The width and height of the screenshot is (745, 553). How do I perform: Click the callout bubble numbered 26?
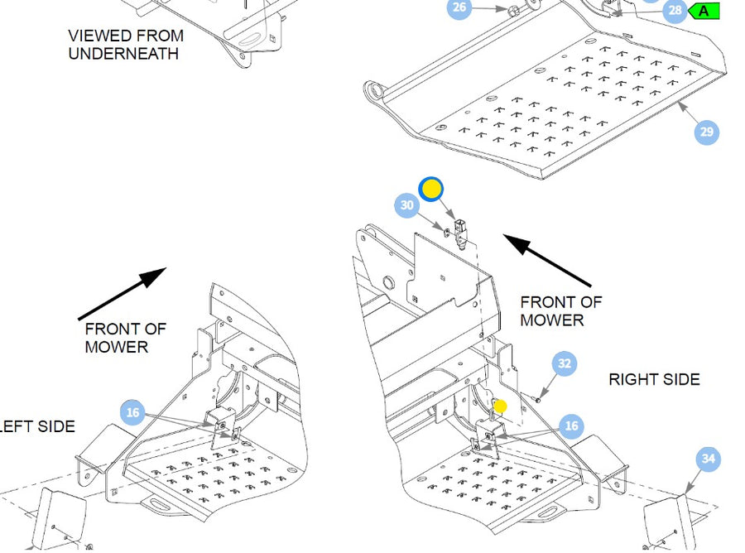pos(459,8)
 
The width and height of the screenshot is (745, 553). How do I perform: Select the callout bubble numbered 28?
pos(675,11)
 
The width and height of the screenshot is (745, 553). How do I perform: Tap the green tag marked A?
pos(704,11)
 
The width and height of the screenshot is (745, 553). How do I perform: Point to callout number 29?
pos(706,132)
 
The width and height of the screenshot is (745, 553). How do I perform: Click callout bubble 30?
pos(406,205)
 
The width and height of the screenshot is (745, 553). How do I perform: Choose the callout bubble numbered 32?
pos(565,363)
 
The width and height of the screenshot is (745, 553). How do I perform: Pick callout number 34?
pos(707,459)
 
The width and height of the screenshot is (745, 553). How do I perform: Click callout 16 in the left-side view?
pos(132,411)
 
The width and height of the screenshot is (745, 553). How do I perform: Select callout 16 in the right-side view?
pos(570,426)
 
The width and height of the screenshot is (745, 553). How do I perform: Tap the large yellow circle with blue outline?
pos(431,190)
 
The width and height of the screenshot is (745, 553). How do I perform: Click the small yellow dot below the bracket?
pos(500,406)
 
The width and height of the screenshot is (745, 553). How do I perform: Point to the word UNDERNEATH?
pos(123,54)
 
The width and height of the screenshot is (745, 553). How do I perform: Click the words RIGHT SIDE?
pos(654,379)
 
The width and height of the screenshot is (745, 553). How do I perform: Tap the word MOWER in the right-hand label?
pos(552,320)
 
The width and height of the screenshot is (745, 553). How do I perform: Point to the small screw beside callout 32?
pos(539,399)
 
